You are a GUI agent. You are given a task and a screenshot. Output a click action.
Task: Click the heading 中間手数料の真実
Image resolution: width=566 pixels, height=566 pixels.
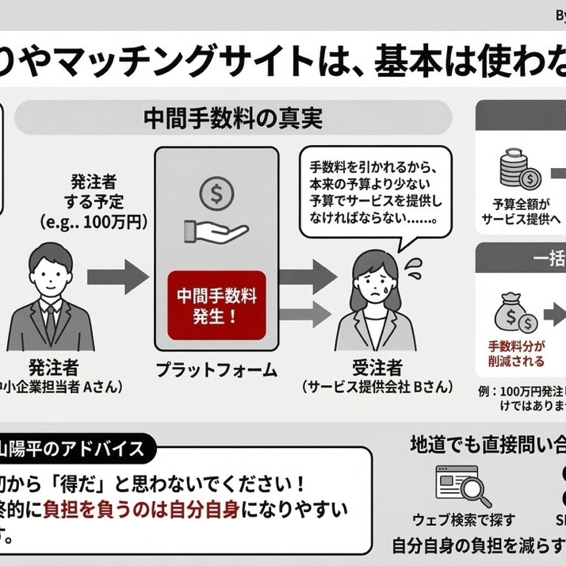tap(232, 120)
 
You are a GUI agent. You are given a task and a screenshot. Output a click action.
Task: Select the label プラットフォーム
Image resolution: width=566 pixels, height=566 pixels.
tap(216, 369)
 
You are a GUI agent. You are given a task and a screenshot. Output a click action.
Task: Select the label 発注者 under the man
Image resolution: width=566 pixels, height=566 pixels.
tap(53, 366)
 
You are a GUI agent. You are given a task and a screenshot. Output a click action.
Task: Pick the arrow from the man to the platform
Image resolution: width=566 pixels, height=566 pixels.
tap(117, 277)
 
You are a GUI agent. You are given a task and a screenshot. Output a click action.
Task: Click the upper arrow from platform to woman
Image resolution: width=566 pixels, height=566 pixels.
tap(309, 276)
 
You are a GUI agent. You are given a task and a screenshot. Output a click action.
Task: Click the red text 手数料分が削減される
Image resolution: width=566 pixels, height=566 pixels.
tap(517, 354)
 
